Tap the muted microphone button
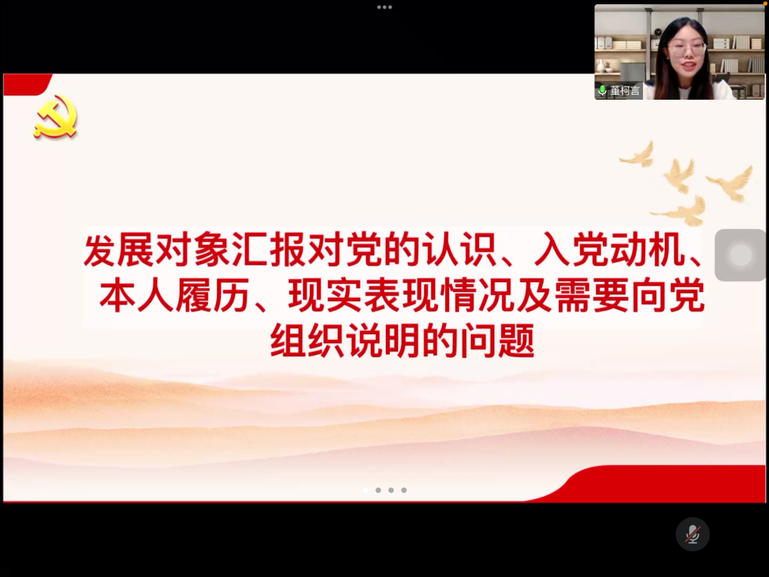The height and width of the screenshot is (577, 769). point(692,534)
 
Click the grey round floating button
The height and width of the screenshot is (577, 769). point(740,255)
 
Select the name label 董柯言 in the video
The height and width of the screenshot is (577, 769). point(625,91)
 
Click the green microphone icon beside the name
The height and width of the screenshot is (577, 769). point(603,91)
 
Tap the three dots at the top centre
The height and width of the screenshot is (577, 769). point(384,7)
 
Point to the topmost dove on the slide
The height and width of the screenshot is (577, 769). point(638,153)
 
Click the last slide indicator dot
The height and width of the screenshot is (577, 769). point(404,490)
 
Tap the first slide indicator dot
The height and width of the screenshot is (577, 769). point(366,490)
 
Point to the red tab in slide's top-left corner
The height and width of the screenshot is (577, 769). point(26,83)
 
